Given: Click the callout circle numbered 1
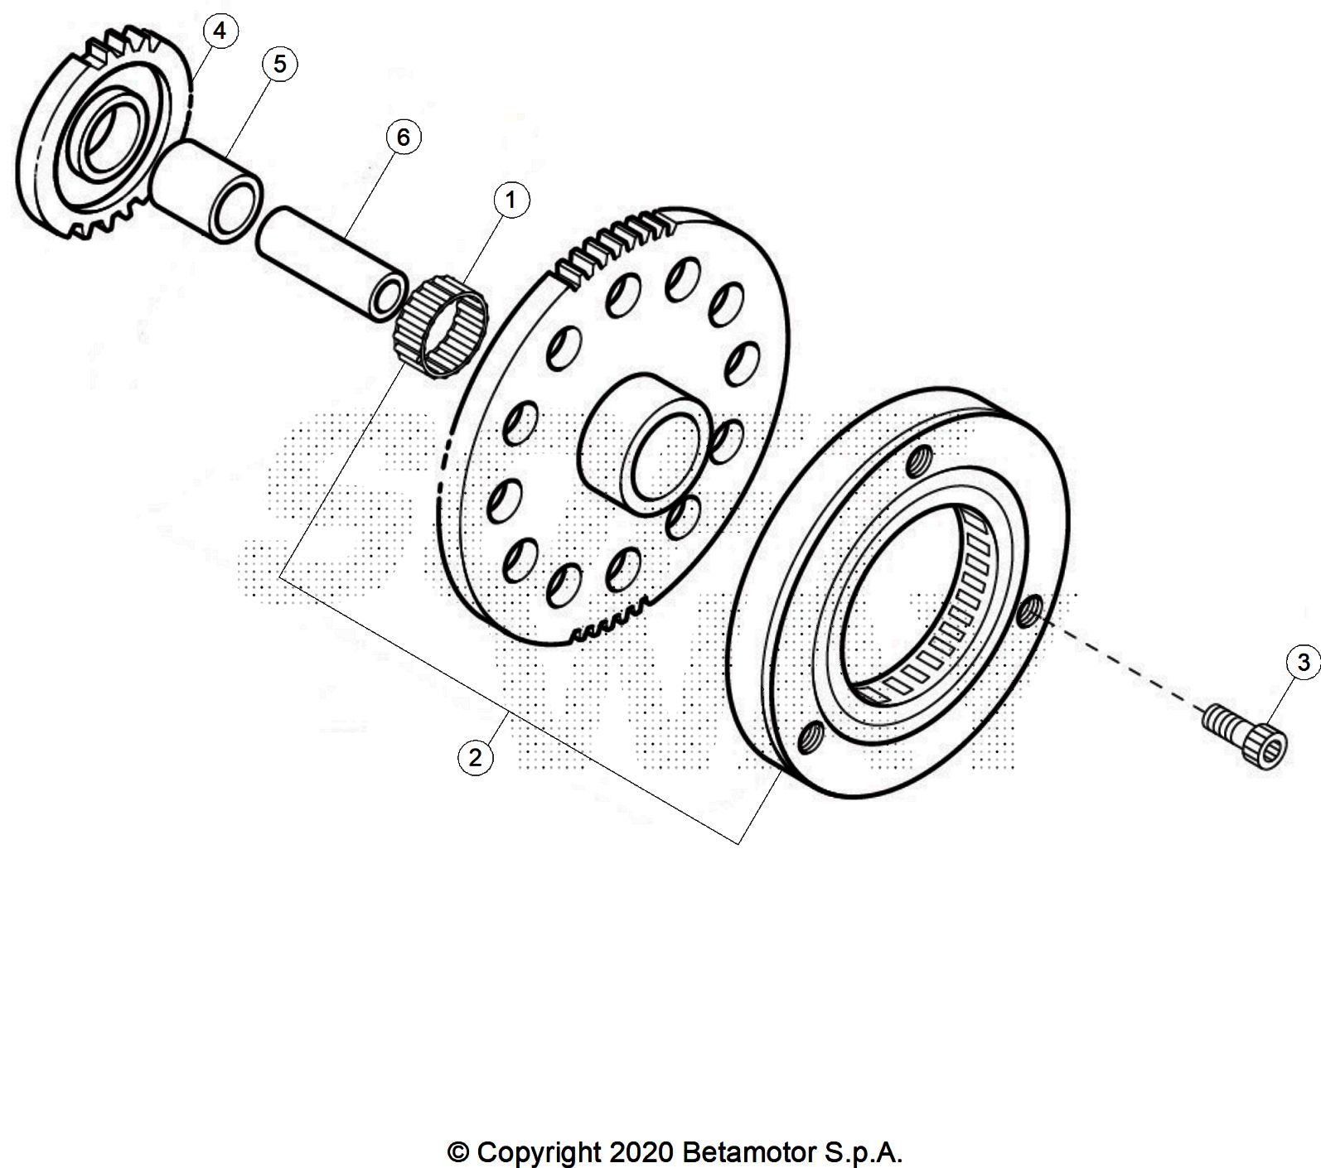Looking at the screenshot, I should pos(510,200).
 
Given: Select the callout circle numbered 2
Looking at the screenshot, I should pos(475,757).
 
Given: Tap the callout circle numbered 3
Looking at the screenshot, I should pos(1303,662).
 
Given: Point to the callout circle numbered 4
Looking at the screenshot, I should pos(219,31).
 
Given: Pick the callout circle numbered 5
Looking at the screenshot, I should pos(279,64).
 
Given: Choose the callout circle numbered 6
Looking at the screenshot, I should pos(403,137).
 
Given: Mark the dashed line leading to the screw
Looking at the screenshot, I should pos(1119,663).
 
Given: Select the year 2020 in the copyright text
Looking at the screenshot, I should pos(636,1152).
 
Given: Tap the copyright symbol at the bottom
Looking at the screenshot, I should pos(457,1152).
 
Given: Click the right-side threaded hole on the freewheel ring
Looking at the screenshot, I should pos(1030,611).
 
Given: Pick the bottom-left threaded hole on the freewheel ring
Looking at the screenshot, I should pos(811,735).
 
